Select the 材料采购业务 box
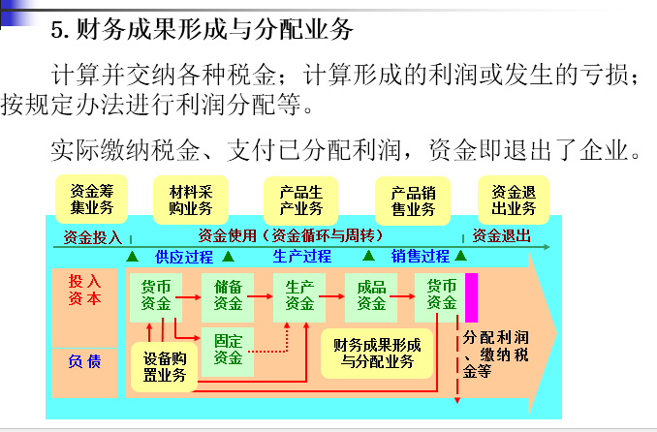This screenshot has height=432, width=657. click(190, 199)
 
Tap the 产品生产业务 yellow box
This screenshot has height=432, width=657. click(300, 199)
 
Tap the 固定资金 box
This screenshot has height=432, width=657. click(228, 349)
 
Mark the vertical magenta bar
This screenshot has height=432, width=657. click(472, 297)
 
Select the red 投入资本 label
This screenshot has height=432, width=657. click(84, 290)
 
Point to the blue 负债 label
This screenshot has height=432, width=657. click(83, 360)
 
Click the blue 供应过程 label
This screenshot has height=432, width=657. click(183, 257)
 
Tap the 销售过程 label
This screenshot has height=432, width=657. click(421, 257)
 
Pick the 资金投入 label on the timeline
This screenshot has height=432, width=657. click(92, 236)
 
